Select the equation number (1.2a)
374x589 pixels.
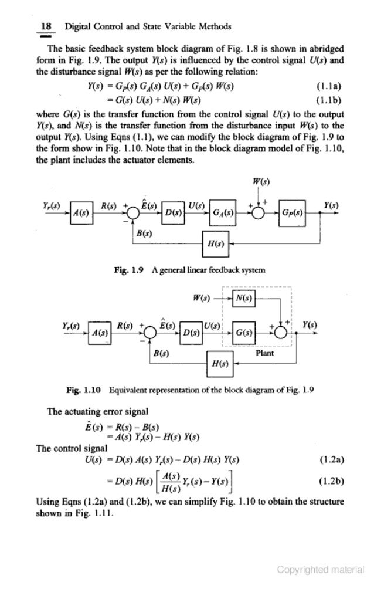330,458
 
